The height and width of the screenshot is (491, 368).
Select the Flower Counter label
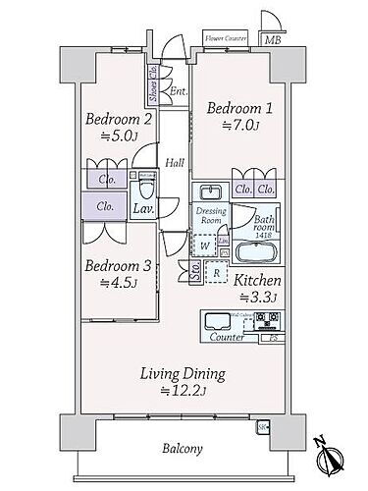click(x=225, y=38)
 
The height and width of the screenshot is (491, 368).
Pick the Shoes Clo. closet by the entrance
click(x=154, y=92)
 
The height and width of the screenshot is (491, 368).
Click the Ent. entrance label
click(x=178, y=92)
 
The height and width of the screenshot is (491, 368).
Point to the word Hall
click(x=175, y=163)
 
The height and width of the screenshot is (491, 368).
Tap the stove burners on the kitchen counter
click(x=267, y=320)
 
